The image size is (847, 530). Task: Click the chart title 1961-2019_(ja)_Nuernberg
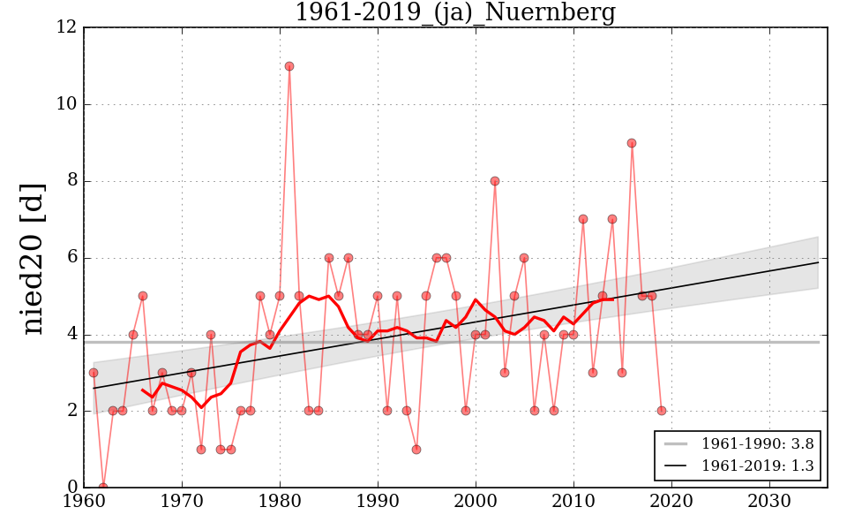pos(454,13)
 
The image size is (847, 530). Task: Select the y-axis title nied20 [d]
pos(33,258)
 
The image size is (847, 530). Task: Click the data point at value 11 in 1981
pos(289,66)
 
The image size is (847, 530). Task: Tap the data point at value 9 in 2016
pos(632,143)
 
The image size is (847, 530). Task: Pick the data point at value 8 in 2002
pos(495,181)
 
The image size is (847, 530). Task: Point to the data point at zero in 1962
pos(103,487)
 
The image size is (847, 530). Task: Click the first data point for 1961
pos(94,373)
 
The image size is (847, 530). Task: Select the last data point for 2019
pos(662,411)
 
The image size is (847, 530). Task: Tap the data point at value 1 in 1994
pos(416,449)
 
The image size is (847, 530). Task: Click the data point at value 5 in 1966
pos(143,296)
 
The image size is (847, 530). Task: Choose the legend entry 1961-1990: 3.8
pos(738,443)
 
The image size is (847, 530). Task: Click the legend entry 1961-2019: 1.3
pos(738,466)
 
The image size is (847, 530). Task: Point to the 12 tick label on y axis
pos(66,27)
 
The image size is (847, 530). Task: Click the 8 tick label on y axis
pos(71,181)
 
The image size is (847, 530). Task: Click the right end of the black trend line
pos(818,262)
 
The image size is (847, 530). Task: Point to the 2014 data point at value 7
pos(612,219)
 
